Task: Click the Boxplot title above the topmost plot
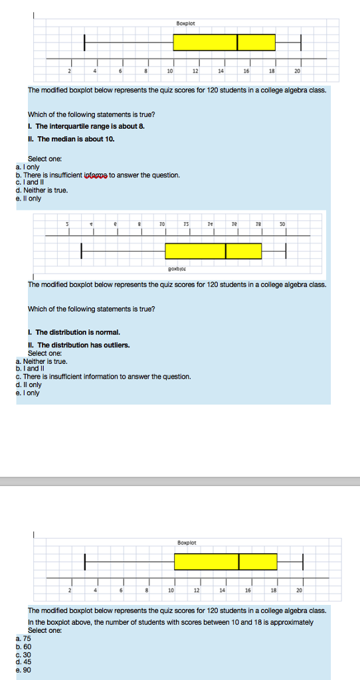185,23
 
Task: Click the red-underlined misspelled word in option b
96,175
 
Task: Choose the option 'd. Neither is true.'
41,190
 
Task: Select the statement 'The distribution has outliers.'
83,345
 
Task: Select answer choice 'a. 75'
23,638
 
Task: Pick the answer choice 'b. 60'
23,646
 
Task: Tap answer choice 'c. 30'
23,654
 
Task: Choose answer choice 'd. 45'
23,661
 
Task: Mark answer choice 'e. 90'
23,669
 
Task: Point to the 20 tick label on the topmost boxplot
297,71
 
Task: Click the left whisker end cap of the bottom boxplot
85,562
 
